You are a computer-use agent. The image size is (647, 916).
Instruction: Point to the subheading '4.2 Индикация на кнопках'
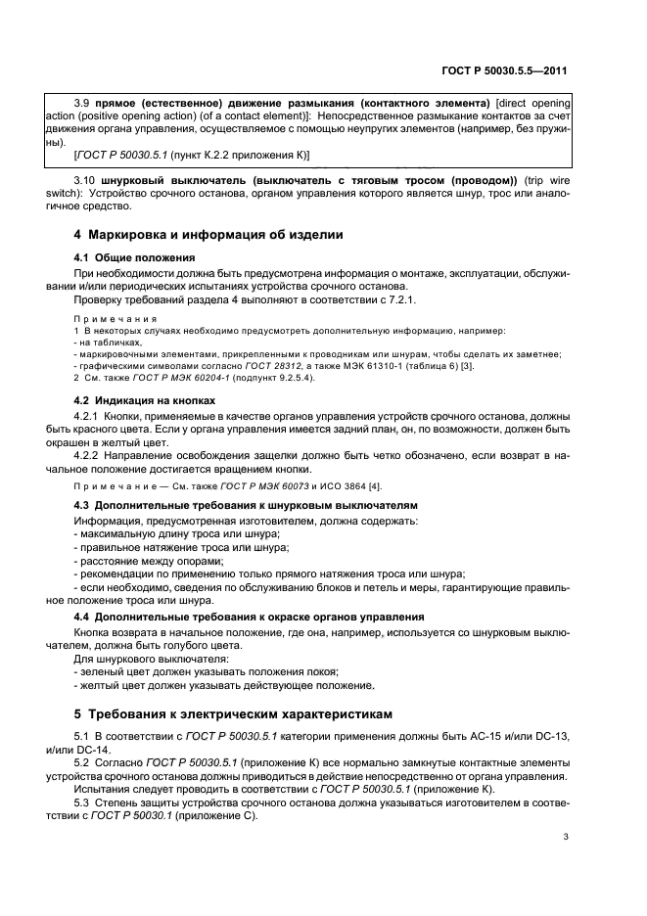146,401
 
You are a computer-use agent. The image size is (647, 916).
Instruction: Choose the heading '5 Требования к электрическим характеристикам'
234,713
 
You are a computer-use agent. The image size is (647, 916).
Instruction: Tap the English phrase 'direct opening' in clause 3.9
535,103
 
